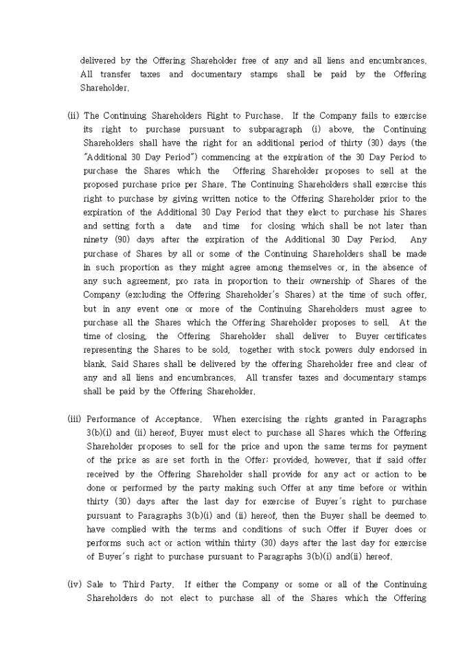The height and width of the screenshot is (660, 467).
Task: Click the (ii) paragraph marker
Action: (73, 115)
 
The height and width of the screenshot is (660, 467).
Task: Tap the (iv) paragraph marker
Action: (74, 585)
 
